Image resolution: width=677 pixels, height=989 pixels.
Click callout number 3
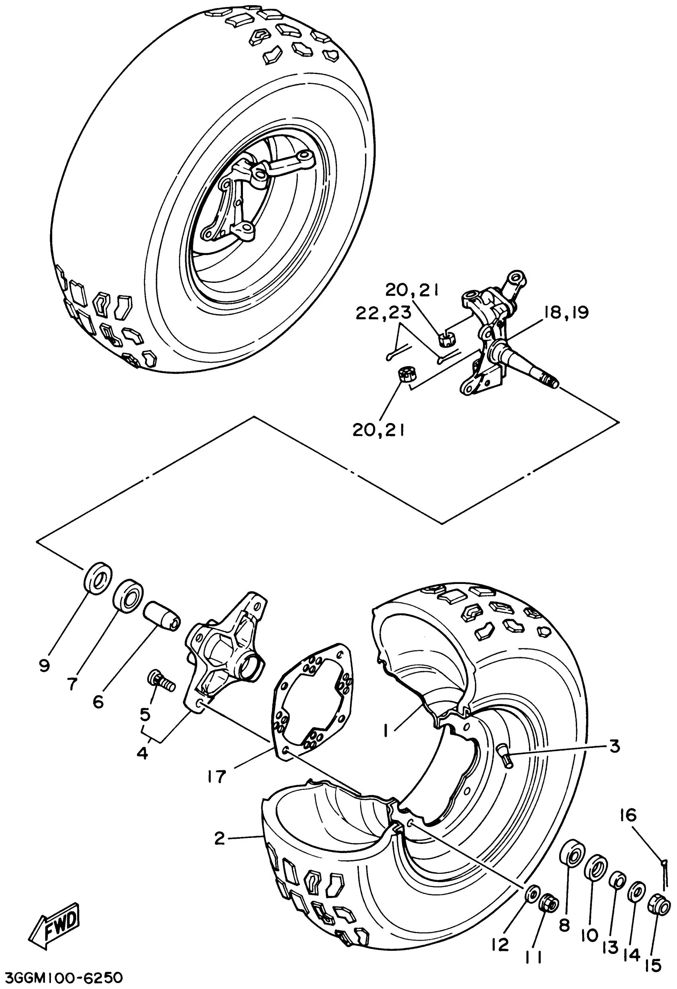click(614, 746)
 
